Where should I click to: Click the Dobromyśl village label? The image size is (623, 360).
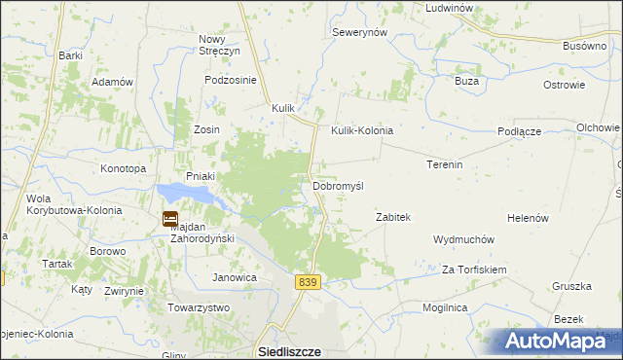pyautogui.click(x=337, y=186)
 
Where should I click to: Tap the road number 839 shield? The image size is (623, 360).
pyautogui.click(x=308, y=281)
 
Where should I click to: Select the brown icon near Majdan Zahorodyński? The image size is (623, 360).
pyautogui.click(x=170, y=219)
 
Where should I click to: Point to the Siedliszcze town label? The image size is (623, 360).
pyautogui.click(x=289, y=351)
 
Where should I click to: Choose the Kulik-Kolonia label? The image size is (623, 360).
pyautogui.click(x=361, y=130)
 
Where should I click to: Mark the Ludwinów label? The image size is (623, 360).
pyautogui.click(x=449, y=8)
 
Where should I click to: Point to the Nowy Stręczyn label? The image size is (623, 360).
pyautogui.click(x=218, y=46)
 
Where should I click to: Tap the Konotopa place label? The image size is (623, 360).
pyautogui.click(x=123, y=168)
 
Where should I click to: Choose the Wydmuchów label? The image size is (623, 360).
pyautogui.click(x=464, y=239)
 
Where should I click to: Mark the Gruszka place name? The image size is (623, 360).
pyautogui.click(x=571, y=287)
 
